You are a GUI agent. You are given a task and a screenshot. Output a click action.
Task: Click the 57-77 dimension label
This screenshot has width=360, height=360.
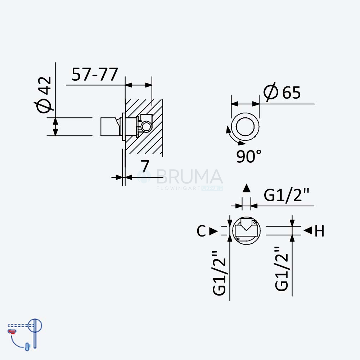coord(95,75)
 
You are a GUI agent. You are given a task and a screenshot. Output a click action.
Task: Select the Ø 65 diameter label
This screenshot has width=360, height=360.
coord(282,92)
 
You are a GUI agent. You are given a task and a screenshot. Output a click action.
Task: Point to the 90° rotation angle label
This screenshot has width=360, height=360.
coord(249,156)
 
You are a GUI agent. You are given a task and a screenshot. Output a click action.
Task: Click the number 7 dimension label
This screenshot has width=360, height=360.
coord(145,166)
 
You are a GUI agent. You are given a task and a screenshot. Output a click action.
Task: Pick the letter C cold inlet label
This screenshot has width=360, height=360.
coord(201,231)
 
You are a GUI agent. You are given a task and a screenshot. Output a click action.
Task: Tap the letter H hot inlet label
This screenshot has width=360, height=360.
coord(319,231)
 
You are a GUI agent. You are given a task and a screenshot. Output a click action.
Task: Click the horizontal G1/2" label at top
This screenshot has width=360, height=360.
coord(287,195)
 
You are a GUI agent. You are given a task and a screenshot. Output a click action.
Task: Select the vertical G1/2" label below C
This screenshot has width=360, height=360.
coord(219,273)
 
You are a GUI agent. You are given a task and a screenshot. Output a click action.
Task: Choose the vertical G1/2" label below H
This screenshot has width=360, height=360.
coord(282,269)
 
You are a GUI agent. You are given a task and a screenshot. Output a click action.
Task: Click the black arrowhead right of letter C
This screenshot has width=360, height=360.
coord(213,231)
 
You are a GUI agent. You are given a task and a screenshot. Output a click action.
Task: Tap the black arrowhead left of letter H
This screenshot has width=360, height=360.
coord(308,230)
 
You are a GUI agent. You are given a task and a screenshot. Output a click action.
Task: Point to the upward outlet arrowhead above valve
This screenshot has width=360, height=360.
coord(247,188)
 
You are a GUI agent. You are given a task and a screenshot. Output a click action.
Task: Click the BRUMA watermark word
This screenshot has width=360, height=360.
coord(189,176)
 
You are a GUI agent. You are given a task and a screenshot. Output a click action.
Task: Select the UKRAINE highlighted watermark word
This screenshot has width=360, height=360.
coord(212,188)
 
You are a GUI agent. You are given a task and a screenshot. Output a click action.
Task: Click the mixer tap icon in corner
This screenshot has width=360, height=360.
coord(25,334)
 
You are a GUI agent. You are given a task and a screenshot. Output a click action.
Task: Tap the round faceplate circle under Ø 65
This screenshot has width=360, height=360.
coord(245,113)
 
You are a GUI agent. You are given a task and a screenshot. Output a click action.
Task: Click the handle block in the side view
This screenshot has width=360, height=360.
coord(110,127)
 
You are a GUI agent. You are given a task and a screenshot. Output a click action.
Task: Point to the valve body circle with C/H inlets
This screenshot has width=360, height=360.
coord(246,217)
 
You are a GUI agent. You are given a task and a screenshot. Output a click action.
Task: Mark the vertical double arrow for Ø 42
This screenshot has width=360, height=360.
coord(55,127)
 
